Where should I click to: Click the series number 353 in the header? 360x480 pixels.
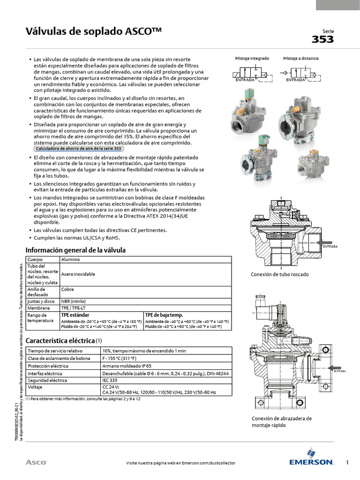(x=322, y=39)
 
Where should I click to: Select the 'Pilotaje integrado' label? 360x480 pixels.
(x=252, y=59)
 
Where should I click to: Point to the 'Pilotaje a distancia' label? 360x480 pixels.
(x=300, y=59)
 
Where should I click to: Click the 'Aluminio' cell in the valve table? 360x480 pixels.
(x=71, y=259)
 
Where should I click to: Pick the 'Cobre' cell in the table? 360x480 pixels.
(x=67, y=290)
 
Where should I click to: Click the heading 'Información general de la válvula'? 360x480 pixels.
(x=75, y=250)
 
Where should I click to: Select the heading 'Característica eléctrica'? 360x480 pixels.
(x=60, y=340)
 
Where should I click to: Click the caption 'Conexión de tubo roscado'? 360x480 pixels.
(x=280, y=274)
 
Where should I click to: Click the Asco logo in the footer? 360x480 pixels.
(x=36, y=463)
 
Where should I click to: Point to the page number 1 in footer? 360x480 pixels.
(x=347, y=463)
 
